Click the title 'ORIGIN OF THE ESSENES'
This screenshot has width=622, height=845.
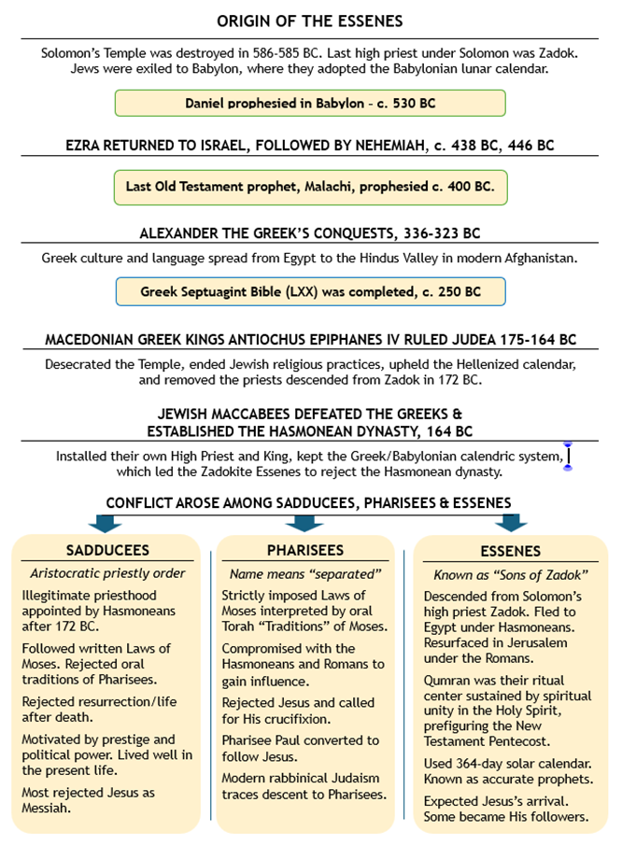309,21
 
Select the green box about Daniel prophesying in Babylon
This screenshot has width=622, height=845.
309,103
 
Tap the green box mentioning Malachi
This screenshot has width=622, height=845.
309,186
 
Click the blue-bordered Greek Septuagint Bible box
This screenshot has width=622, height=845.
309,291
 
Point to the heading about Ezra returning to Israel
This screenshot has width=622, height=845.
309,145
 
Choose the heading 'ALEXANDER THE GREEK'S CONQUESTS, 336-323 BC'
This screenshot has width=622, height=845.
309,232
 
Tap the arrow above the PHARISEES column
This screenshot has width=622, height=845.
305,524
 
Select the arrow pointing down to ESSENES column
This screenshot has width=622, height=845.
511,524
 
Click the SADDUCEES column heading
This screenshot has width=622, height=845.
107,550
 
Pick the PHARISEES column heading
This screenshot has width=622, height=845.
305,550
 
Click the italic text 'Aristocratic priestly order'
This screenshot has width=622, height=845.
107,572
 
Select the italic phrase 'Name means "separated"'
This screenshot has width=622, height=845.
305,572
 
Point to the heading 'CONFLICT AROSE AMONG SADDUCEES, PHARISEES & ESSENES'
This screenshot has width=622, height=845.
309,502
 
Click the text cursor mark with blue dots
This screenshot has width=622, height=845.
567,456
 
